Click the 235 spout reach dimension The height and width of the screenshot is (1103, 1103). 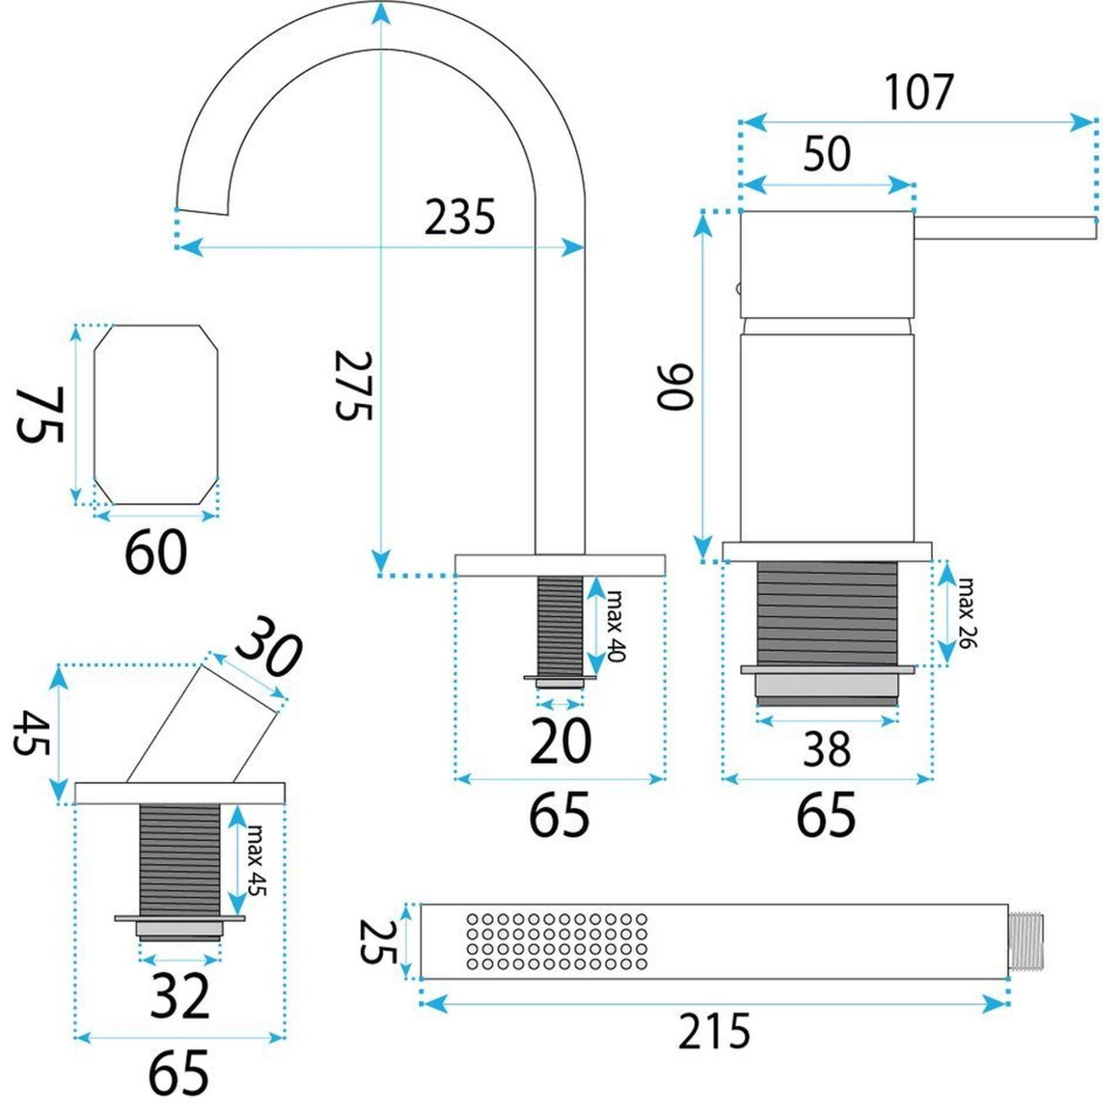pos(459,217)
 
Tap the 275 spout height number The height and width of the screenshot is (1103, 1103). pos(354,385)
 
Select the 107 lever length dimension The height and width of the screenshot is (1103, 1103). pos(918,92)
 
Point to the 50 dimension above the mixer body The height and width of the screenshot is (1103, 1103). pos(826,154)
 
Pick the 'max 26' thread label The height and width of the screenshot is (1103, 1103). pos(966,613)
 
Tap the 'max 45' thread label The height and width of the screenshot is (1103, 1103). pos(256,870)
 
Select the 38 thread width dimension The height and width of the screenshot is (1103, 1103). pos(826,750)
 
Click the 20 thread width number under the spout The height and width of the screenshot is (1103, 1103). pos(561,741)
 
